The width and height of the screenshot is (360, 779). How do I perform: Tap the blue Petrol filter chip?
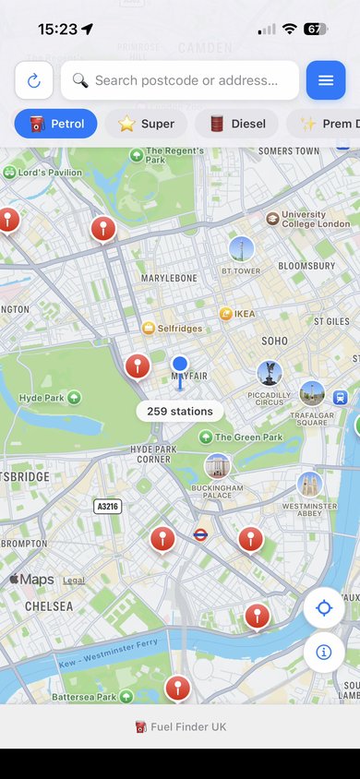pyautogui.click(x=55, y=124)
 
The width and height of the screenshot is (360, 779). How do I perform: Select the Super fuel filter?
pyautogui.click(x=146, y=124)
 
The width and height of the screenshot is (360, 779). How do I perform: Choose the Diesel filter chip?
pyautogui.click(x=236, y=124)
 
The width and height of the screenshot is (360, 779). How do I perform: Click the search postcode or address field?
pyautogui.click(x=180, y=80)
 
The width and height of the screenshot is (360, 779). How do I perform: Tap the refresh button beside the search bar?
pyautogui.click(x=34, y=80)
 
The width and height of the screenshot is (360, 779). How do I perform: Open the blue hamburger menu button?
pyautogui.click(x=326, y=80)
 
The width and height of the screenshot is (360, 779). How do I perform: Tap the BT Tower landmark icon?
pyautogui.click(x=241, y=248)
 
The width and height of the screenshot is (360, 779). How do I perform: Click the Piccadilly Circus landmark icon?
pyautogui.click(x=269, y=374)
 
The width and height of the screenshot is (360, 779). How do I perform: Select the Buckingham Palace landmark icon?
pyautogui.click(x=218, y=465)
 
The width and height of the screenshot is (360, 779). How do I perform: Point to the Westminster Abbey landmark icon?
pyautogui.click(x=309, y=484)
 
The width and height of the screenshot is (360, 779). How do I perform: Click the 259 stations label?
pyautogui.click(x=180, y=412)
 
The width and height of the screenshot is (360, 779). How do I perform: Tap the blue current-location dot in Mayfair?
pyautogui.click(x=180, y=365)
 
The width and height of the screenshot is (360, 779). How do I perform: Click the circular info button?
pyautogui.click(x=324, y=652)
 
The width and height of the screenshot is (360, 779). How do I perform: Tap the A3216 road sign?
pyautogui.click(x=108, y=507)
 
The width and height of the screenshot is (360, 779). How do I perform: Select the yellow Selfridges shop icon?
pyautogui.click(x=148, y=329)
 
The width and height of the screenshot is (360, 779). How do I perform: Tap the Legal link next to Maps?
pyautogui.click(x=74, y=581)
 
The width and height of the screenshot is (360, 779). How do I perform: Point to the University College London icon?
pyautogui.click(x=272, y=219)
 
